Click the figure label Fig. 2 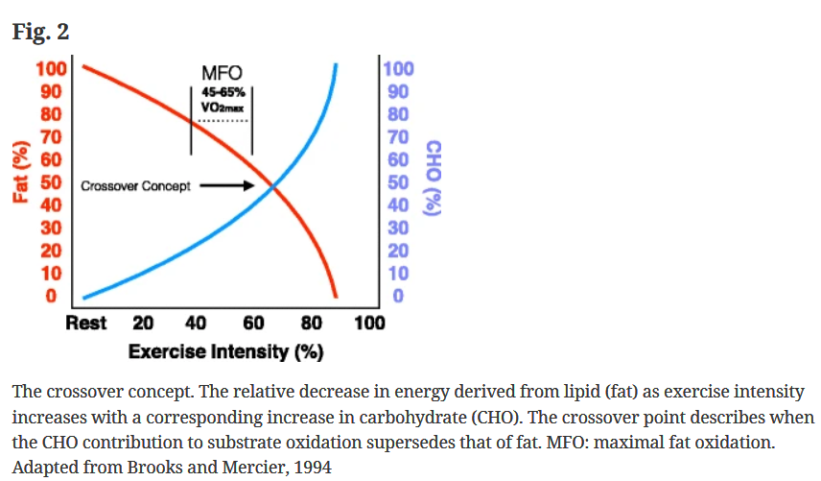[40, 32]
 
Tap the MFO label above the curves [222, 74]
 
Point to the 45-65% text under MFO [222, 93]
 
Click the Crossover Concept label [136, 185]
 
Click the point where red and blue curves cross [273, 186]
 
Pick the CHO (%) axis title [433, 180]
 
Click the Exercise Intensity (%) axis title [225, 351]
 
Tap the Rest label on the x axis [85, 323]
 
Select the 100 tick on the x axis [369, 323]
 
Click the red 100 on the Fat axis [50, 69]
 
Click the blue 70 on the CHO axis [398, 136]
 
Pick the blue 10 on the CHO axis [398, 274]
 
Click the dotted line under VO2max [222, 122]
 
